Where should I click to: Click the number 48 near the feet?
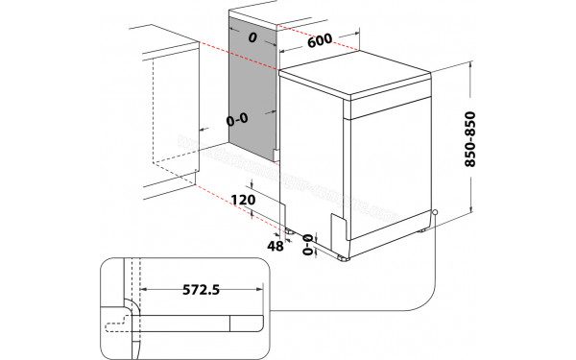[x=275, y=246]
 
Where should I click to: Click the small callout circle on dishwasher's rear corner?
[x=436, y=212]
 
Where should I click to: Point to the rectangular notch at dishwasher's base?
[x=339, y=228]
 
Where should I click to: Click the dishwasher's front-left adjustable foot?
[x=344, y=257]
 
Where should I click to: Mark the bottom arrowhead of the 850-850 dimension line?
[x=474, y=213]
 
